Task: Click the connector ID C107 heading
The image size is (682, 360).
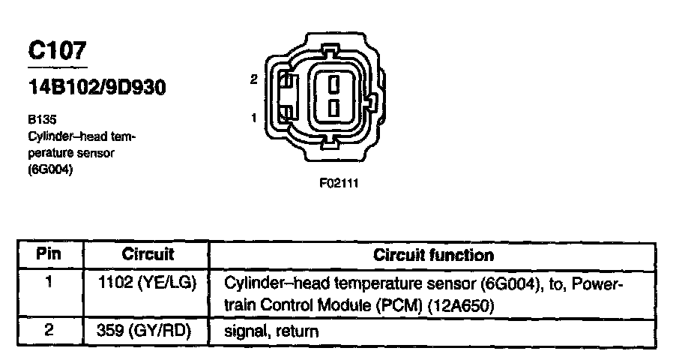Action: pyautogui.click(x=57, y=51)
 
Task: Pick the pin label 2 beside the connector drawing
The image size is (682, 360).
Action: pyautogui.click(x=254, y=79)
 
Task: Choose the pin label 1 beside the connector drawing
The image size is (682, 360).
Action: pyautogui.click(x=254, y=118)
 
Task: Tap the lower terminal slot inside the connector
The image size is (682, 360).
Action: pyautogui.click(x=335, y=108)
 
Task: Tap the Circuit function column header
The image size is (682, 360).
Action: pyautogui.click(x=433, y=255)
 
